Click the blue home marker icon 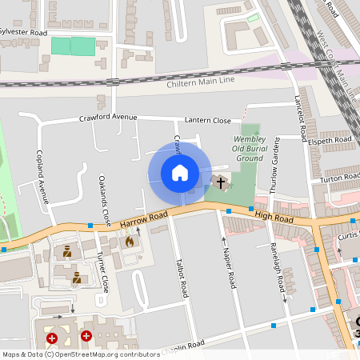180,173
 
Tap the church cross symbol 221,182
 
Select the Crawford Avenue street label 108,117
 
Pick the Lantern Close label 207,120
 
